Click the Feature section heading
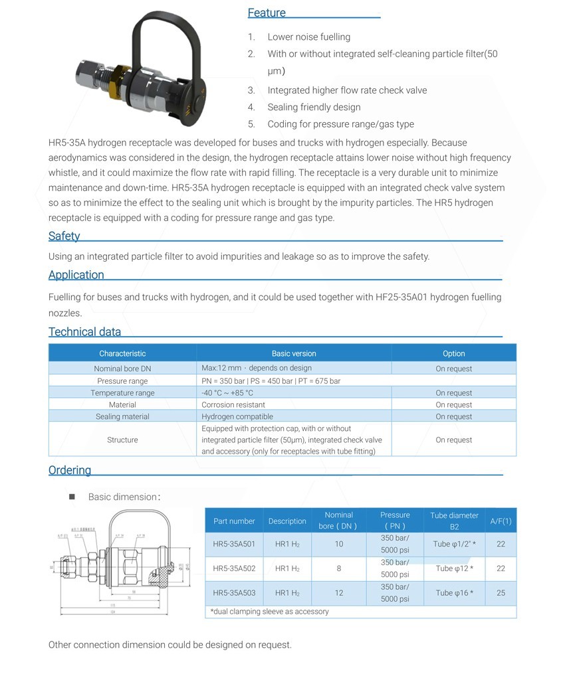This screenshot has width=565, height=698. (x=267, y=13)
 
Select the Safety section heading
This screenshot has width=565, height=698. (x=64, y=236)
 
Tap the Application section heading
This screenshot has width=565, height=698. (x=76, y=274)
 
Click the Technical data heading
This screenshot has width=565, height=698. (x=84, y=331)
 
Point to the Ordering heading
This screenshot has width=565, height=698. (x=69, y=470)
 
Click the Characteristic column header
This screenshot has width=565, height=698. (x=122, y=353)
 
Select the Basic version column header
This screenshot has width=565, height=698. (x=294, y=353)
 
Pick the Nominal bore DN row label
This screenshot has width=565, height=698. (x=122, y=369)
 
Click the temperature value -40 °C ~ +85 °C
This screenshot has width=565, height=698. (x=227, y=393)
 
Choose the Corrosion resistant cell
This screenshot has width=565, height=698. (x=233, y=404)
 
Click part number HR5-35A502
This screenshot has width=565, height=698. (x=234, y=568)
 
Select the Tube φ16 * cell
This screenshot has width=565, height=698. (x=454, y=593)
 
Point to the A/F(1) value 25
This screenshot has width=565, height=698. (x=501, y=593)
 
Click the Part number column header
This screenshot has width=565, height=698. (x=234, y=521)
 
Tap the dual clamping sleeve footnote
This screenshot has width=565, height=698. (x=269, y=611)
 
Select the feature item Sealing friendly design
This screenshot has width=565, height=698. (x=314, y=107)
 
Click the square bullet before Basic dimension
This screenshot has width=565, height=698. (x=72, y=496)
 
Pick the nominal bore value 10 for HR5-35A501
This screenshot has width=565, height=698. (x=339, y=544)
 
